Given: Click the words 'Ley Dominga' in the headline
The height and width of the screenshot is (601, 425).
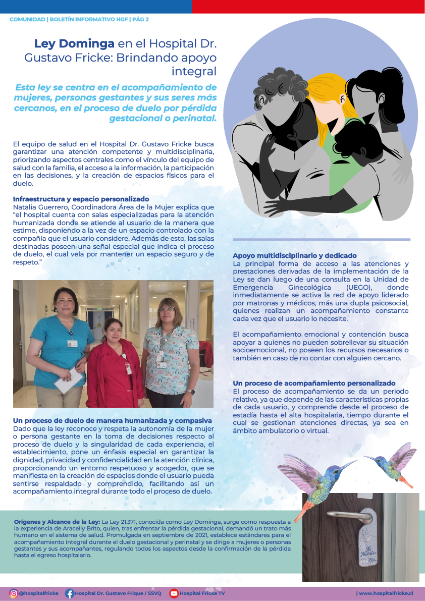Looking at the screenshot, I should (x=74, y=44).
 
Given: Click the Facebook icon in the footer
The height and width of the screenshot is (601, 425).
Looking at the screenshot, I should (x=70, y=593).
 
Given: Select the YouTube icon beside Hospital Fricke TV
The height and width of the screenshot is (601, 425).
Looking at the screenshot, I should (x=174, y=593).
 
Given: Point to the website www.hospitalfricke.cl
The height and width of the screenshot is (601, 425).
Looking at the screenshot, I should (x=386, y=593).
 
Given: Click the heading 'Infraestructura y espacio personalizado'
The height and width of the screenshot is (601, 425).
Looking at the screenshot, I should (x=81, y=199).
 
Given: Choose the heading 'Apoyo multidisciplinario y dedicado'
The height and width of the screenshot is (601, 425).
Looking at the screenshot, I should (x=295, y=255).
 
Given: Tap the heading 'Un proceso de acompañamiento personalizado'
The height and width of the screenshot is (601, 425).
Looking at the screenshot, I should (x=314, y=384).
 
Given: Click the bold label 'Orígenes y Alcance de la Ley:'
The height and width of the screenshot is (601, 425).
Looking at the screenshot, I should (x=57, y=521).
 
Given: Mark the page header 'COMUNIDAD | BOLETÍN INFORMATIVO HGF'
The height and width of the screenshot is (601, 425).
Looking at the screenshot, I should (x=69, y=19).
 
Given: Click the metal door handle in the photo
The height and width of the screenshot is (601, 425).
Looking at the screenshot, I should (x=347, y=515).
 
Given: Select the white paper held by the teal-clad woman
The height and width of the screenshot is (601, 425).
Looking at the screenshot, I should (x=68, y=379).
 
